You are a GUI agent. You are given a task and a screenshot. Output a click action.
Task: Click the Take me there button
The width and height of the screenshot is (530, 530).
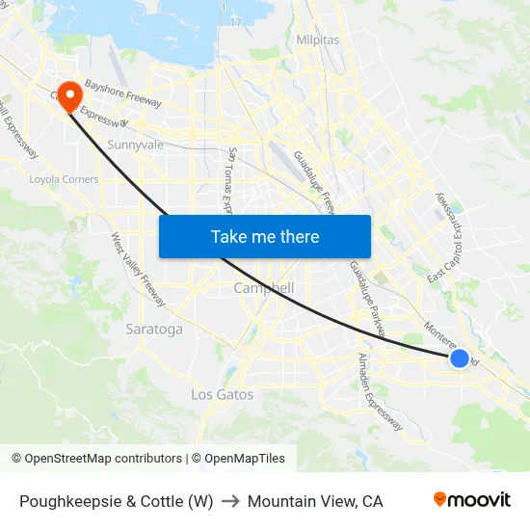(265, 236)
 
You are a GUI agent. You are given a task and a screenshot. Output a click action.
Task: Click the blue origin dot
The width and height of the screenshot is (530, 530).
(460, 358)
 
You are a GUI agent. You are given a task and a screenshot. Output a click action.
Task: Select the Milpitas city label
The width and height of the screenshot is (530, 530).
(318, 40)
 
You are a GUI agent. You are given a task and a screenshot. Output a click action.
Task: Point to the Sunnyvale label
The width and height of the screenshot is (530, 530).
(136, 145)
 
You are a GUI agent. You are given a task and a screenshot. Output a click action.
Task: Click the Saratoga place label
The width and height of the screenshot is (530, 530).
(154, 330)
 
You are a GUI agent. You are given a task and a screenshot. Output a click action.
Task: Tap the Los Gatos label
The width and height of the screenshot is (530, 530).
(222, 394)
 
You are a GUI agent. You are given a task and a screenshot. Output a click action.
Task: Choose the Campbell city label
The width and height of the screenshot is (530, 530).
(264, 288)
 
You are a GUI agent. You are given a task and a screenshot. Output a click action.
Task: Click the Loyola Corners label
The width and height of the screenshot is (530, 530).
(64, 179)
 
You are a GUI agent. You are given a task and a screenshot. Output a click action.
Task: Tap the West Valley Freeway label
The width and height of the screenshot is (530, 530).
(139, 270)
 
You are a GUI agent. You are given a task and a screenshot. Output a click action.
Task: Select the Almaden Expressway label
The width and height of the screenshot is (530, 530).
(380, 390)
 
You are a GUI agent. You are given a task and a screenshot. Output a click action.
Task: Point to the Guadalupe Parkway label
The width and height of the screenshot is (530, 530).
(367, 297)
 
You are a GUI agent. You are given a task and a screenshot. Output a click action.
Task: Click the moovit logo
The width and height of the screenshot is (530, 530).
(471, 500)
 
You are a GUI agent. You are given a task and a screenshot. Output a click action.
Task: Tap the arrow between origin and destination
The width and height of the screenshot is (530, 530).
(230, 501)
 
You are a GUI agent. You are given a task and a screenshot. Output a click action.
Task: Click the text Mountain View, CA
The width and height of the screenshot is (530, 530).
(315, 501)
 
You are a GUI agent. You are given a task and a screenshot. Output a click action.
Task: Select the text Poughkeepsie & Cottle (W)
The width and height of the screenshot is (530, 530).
(116, 501)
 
